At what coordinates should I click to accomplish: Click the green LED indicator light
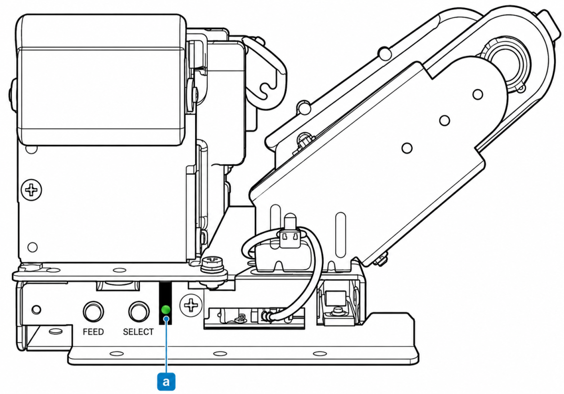(165, 309)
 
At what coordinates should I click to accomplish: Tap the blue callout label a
(166, 381)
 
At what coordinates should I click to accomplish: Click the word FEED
(93, 331)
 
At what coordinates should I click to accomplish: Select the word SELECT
(138, 331)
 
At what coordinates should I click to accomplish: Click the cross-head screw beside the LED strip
(191, 305)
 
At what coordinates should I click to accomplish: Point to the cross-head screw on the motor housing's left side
(31, 190)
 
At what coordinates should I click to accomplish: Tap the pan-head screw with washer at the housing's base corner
(213, 265)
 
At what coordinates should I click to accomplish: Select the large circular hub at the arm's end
(506, 66)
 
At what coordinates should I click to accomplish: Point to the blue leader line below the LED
(166, 345)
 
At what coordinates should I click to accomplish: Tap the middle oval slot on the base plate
(220, 354)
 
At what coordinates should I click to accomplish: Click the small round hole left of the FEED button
(37, 309)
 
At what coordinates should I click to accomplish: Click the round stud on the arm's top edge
(384, 53)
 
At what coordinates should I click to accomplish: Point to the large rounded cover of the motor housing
(101, 80)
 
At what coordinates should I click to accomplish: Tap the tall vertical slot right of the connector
(341, 234)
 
